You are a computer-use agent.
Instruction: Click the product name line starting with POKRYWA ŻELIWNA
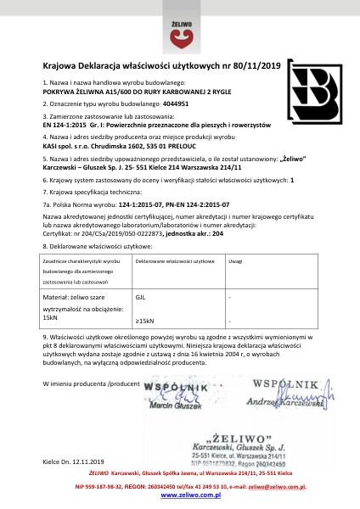[x=115, y=92]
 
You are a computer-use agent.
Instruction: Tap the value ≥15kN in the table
[x=144, y=321]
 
